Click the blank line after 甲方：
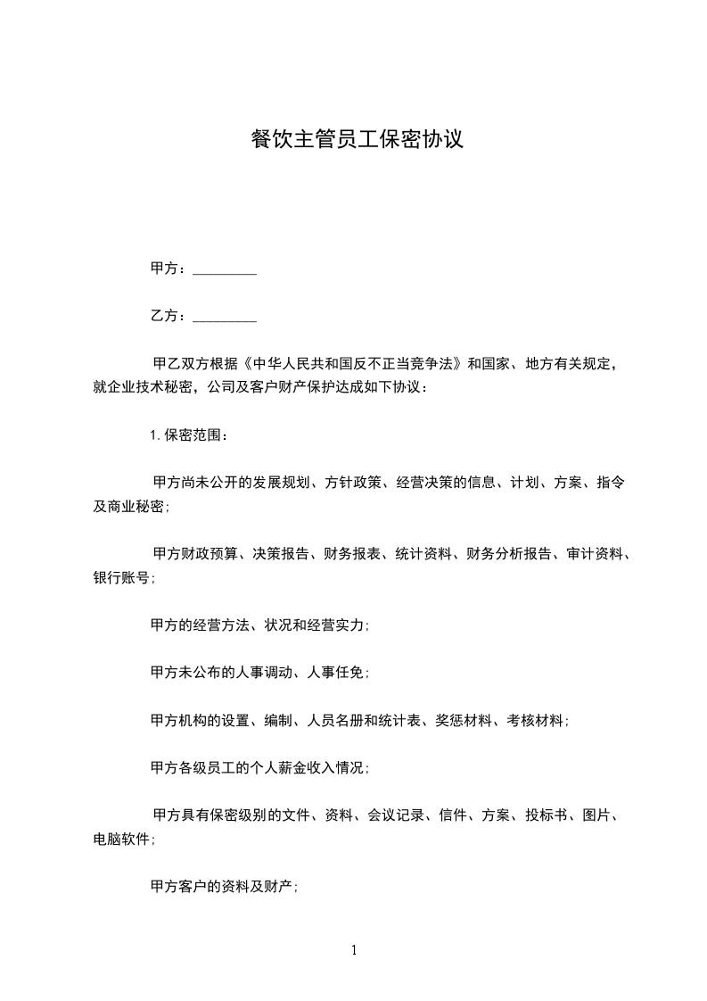pyautogui.click(x=225, y=269)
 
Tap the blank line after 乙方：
pyautogui.click(x=225, y=316)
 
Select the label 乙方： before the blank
pyautogui.click(x=169, y=316)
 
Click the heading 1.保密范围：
pyautogui.click(x=189, y=435)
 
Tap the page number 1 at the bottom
pyautogui.click(x=354, y=950)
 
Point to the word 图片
pyautogui.click(x=595, y=815)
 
